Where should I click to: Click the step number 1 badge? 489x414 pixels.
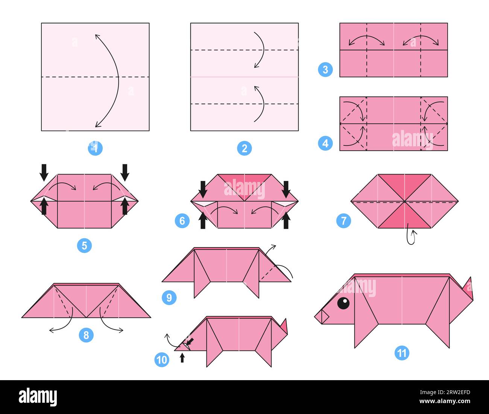(95, 148)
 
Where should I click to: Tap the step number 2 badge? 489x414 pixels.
(244, 148)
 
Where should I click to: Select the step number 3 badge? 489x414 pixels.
(325, 70)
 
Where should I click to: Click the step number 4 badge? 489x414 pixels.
(325, 143)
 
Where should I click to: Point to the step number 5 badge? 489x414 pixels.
(84, 246)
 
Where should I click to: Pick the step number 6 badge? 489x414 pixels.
(182, 221)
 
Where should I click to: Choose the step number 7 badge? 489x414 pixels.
(343, 221)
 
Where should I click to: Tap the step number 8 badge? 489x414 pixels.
(86, 335)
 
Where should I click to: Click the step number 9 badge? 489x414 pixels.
(169, 298)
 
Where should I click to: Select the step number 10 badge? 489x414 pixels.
(162, 360)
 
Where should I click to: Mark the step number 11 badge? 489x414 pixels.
(402, 353)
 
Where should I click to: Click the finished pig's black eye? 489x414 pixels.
(343, 303)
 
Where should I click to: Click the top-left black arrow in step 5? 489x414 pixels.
(44, 172)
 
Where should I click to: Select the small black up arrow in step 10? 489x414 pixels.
(182, 358)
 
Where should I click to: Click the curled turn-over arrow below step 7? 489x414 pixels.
(411, 237)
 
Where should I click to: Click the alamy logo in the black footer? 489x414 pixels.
(38, 397)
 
